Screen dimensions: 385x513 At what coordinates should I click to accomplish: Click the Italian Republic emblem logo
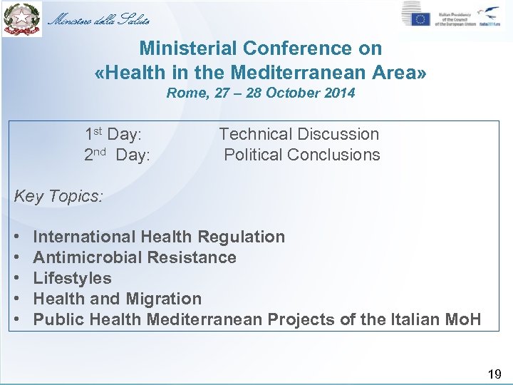point(22,19)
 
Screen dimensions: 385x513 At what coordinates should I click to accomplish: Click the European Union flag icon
point(420,18)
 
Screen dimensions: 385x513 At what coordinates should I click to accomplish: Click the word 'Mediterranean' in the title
point(304,72)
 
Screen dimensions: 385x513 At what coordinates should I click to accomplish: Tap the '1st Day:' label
point(113,134)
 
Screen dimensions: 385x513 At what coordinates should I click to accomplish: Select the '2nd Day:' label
point(117,155)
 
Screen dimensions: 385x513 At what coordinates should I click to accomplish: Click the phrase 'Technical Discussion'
point(299,134)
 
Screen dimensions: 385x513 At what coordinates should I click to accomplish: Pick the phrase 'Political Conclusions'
point(302,155)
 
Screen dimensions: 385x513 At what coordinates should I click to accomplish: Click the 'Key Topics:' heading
point(58,196)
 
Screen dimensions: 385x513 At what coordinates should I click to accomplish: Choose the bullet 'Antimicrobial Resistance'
point(135,257)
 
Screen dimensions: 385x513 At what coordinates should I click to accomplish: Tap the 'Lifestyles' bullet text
point(72,278)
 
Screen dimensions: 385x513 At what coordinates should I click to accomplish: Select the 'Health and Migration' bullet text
point(117,299)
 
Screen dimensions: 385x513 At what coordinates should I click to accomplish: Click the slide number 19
point(494,374)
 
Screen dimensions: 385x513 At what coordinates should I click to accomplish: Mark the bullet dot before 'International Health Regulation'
point(16,237)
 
